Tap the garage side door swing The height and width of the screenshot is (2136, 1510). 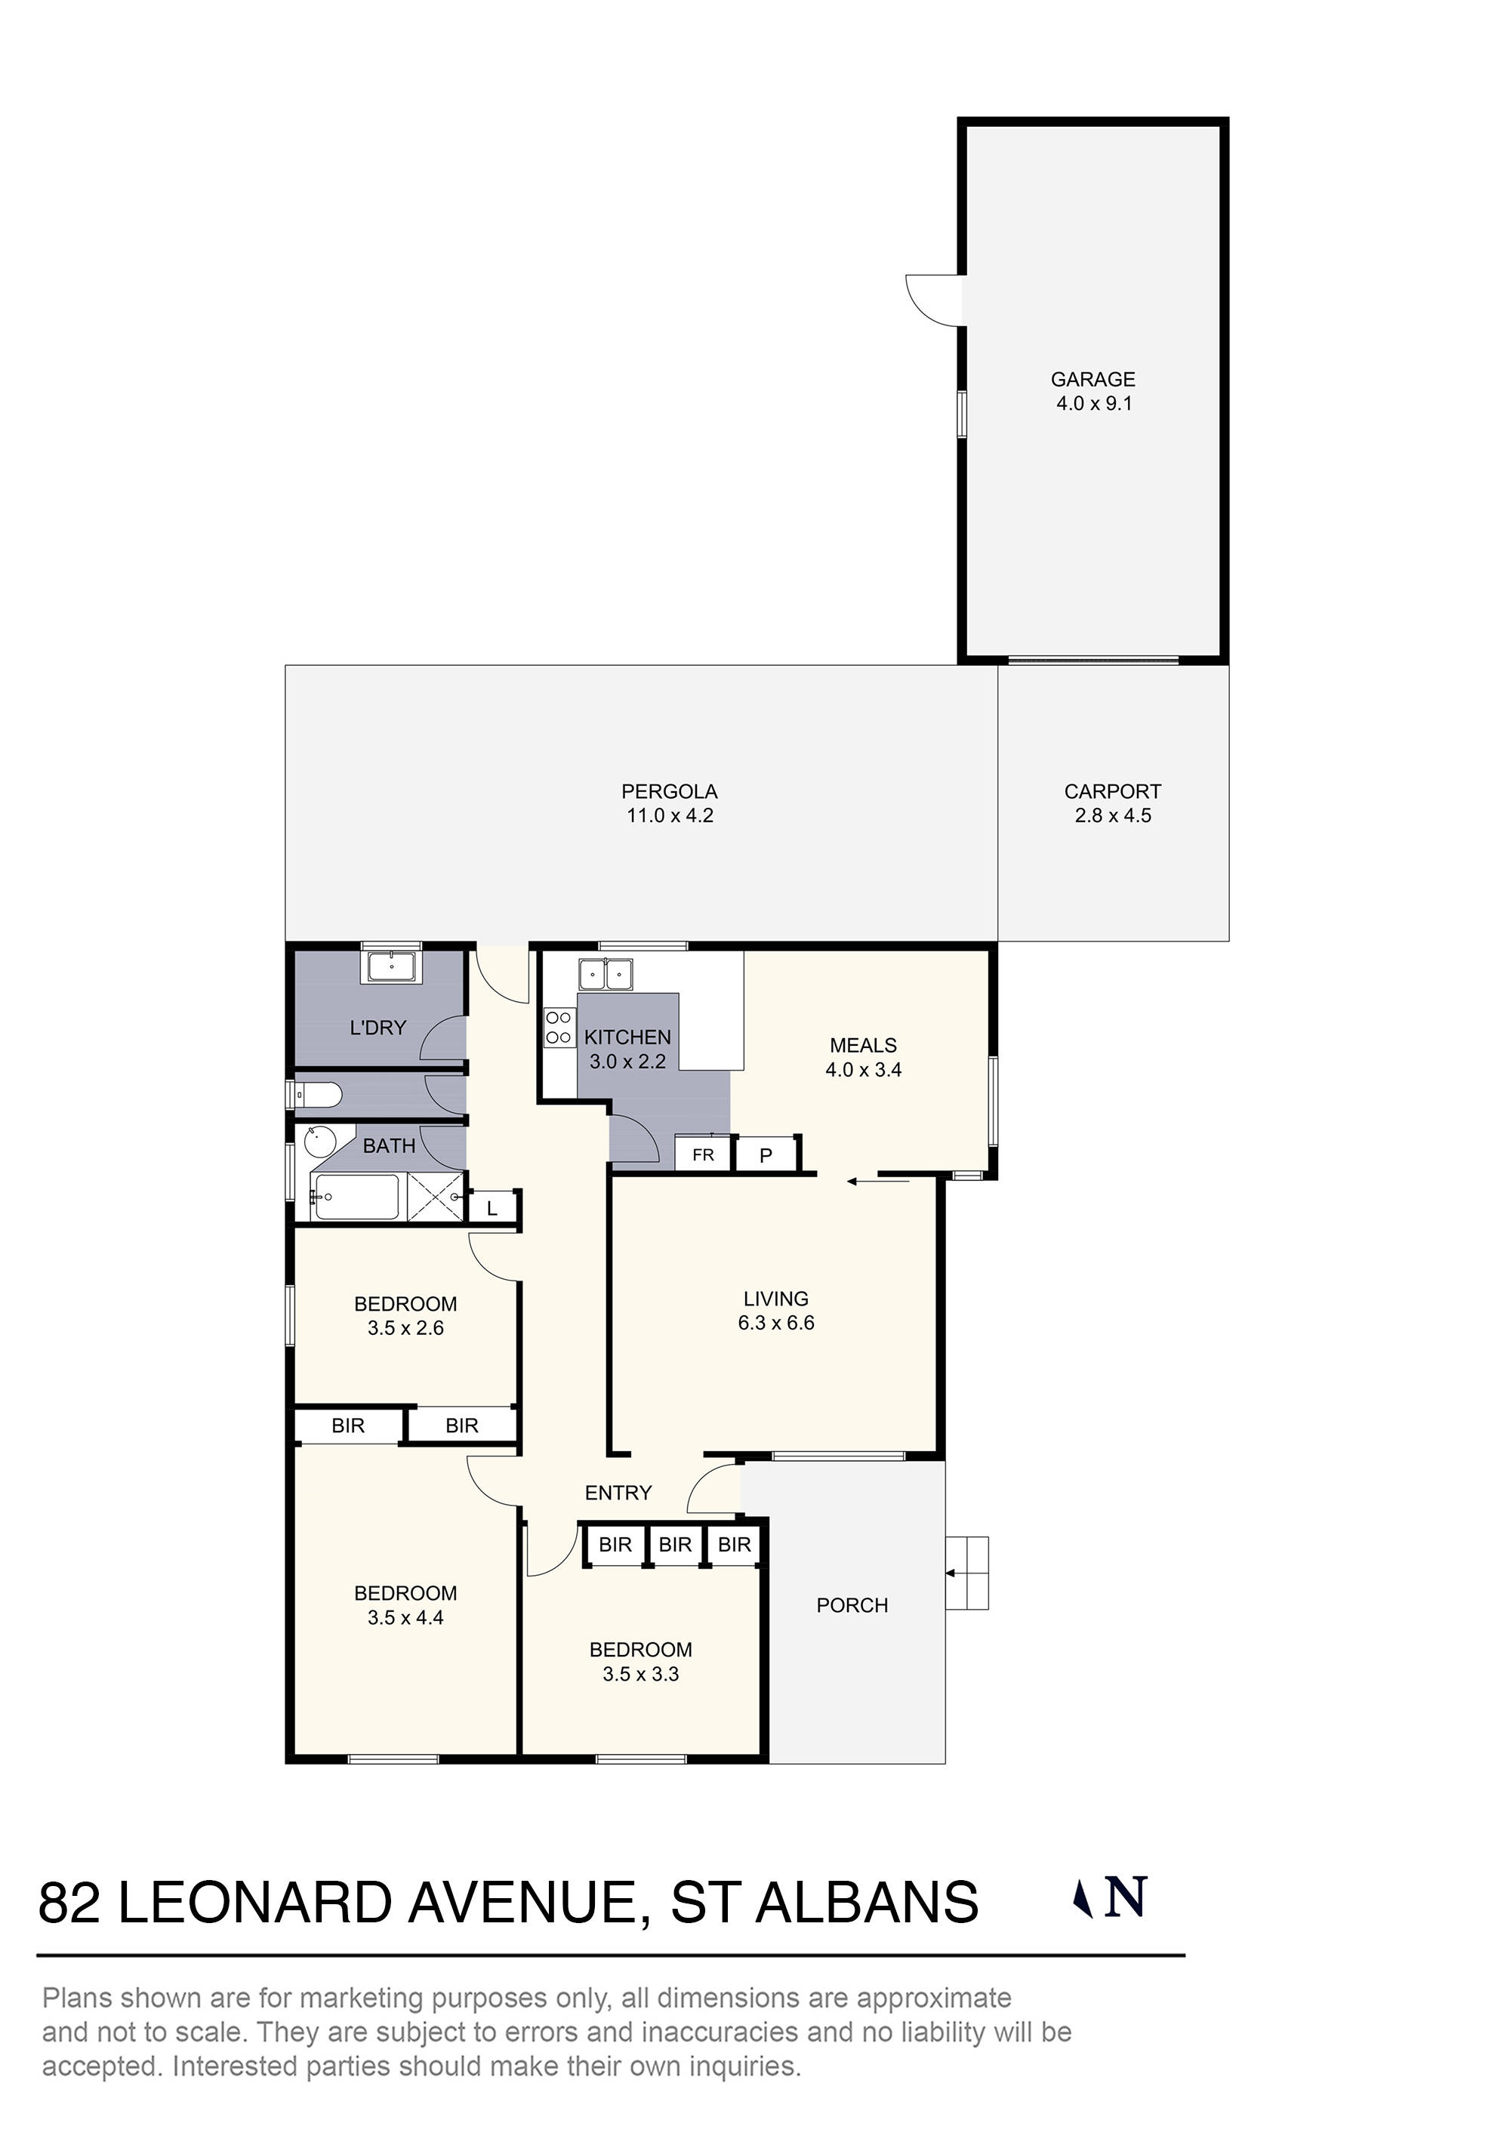(x=933, y=300)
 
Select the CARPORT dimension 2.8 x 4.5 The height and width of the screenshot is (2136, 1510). (x=1113, y=816)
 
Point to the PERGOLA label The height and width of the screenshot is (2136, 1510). (x=669, y=792)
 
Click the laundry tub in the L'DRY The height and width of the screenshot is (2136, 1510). (x=392, y=966)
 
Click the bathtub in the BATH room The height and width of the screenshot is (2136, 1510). (x=356, y=1197)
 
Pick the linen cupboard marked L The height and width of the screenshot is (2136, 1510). (x=493, y=1209)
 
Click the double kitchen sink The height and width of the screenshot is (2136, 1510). (x=606, y=975)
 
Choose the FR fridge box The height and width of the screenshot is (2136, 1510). (x=704, y=1155)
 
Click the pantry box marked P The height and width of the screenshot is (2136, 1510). (x=766, y=1155)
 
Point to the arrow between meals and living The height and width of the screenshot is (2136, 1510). (x=877, y=1182)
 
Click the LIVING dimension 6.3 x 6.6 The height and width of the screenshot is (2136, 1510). (x=776, y=1323)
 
